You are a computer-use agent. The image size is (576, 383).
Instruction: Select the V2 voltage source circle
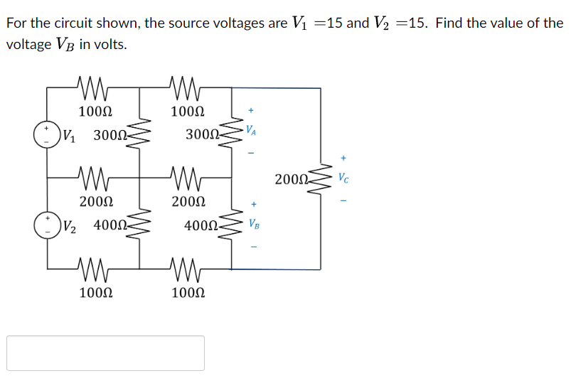click(48, 225)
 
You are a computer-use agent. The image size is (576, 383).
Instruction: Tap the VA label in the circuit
click(251, 131)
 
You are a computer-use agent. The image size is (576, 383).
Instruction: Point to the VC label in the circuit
click(344, 176)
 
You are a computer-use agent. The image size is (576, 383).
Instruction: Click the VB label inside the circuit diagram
click(253, 225)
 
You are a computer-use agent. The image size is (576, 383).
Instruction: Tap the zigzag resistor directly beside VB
click(231, 225)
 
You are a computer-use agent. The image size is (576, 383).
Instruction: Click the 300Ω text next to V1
click(110, 134)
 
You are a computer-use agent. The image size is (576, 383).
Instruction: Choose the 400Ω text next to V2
click(110, 226)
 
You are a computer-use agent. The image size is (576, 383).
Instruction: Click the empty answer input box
click(106, 353)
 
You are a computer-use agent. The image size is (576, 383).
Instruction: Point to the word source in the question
click(191, 23)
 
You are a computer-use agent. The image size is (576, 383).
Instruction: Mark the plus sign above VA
click(250, 111)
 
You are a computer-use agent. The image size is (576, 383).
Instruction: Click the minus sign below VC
click(344, 200)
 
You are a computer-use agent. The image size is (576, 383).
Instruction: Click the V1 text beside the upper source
click(70, 134)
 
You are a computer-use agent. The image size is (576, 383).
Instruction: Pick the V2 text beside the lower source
click(70, 227)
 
